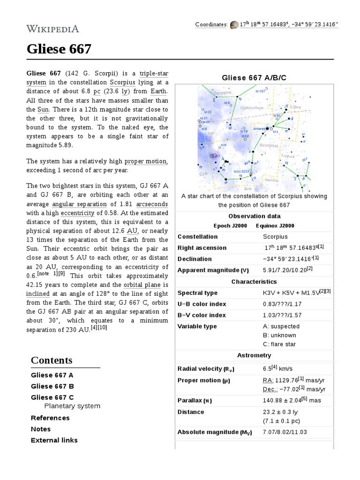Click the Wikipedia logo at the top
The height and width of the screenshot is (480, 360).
[x=52, y=29]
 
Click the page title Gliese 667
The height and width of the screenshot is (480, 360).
[x=59, y=49]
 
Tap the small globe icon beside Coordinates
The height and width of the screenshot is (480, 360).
[x=234, y=24]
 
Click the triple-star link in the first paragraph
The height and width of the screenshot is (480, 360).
[x=154, y=74]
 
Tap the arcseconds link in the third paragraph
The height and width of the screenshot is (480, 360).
[x=152, y=204]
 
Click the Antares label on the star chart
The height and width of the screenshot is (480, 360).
[x=260, y=128]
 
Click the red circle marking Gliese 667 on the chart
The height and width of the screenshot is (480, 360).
[x=214, y=156]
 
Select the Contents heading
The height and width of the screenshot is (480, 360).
[x=52, y=360]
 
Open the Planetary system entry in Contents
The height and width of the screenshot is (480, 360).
[x=72, y=406]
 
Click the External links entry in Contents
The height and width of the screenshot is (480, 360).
[x=54, y=440]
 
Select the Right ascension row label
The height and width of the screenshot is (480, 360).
[x=202, y=248]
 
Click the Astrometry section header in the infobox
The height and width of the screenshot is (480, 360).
[x=254, y=356]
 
